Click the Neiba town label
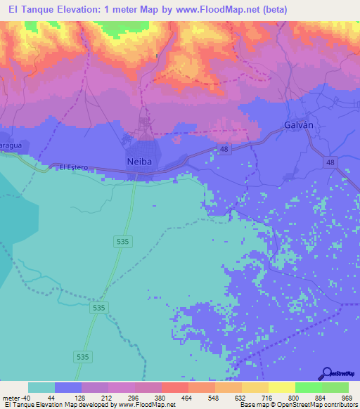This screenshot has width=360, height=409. (139, 162)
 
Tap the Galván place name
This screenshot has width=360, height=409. (298, 124)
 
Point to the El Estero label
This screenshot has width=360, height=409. (73, 167)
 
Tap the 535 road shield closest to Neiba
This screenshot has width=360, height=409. (122, 241)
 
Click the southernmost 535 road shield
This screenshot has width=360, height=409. (84, 357)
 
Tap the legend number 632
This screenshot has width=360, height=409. (241, 398)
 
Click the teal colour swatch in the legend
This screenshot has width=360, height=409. (41, 388)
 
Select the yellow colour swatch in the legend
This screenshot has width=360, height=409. (281, 388)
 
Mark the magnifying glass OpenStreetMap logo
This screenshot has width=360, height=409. (327, 374)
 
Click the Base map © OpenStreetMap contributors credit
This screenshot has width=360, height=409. (297, 405)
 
